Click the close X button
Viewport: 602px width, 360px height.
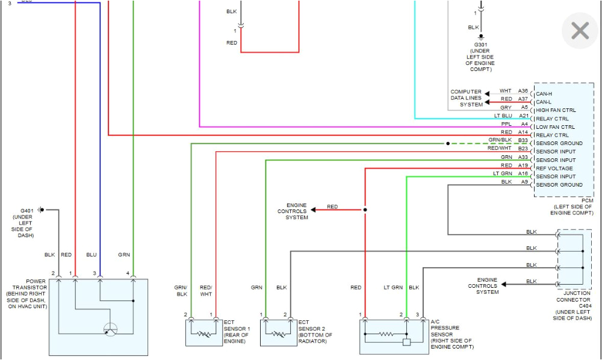pyautogui.click(x=580, y=31)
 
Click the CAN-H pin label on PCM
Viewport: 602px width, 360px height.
pyautogui.click(x=544, y=94)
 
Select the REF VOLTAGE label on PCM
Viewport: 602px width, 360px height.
pyautogui.click(x=554, y=169)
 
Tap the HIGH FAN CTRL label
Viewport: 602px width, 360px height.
pyautogui.click(x=556, y=110)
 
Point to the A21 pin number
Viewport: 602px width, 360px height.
pyautogui.click(x=524, y=116)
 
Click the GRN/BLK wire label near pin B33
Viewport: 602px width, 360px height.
pyautogui.click(x=500, y=140)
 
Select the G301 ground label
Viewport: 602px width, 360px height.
pyautogui.click(x=480, y=45)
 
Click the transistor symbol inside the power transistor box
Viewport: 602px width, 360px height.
pyautogui.click(x=110, y=329)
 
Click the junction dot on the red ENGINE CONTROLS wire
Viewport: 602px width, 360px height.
pyautogui.click(x=365, y=210)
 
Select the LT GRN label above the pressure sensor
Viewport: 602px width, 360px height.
pyautogui.click(x=393, y=288)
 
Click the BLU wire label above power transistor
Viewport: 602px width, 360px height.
pyautogui.click(x=91, y=255)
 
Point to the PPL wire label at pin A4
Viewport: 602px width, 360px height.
pyautogui.click(x=506, y=124)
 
